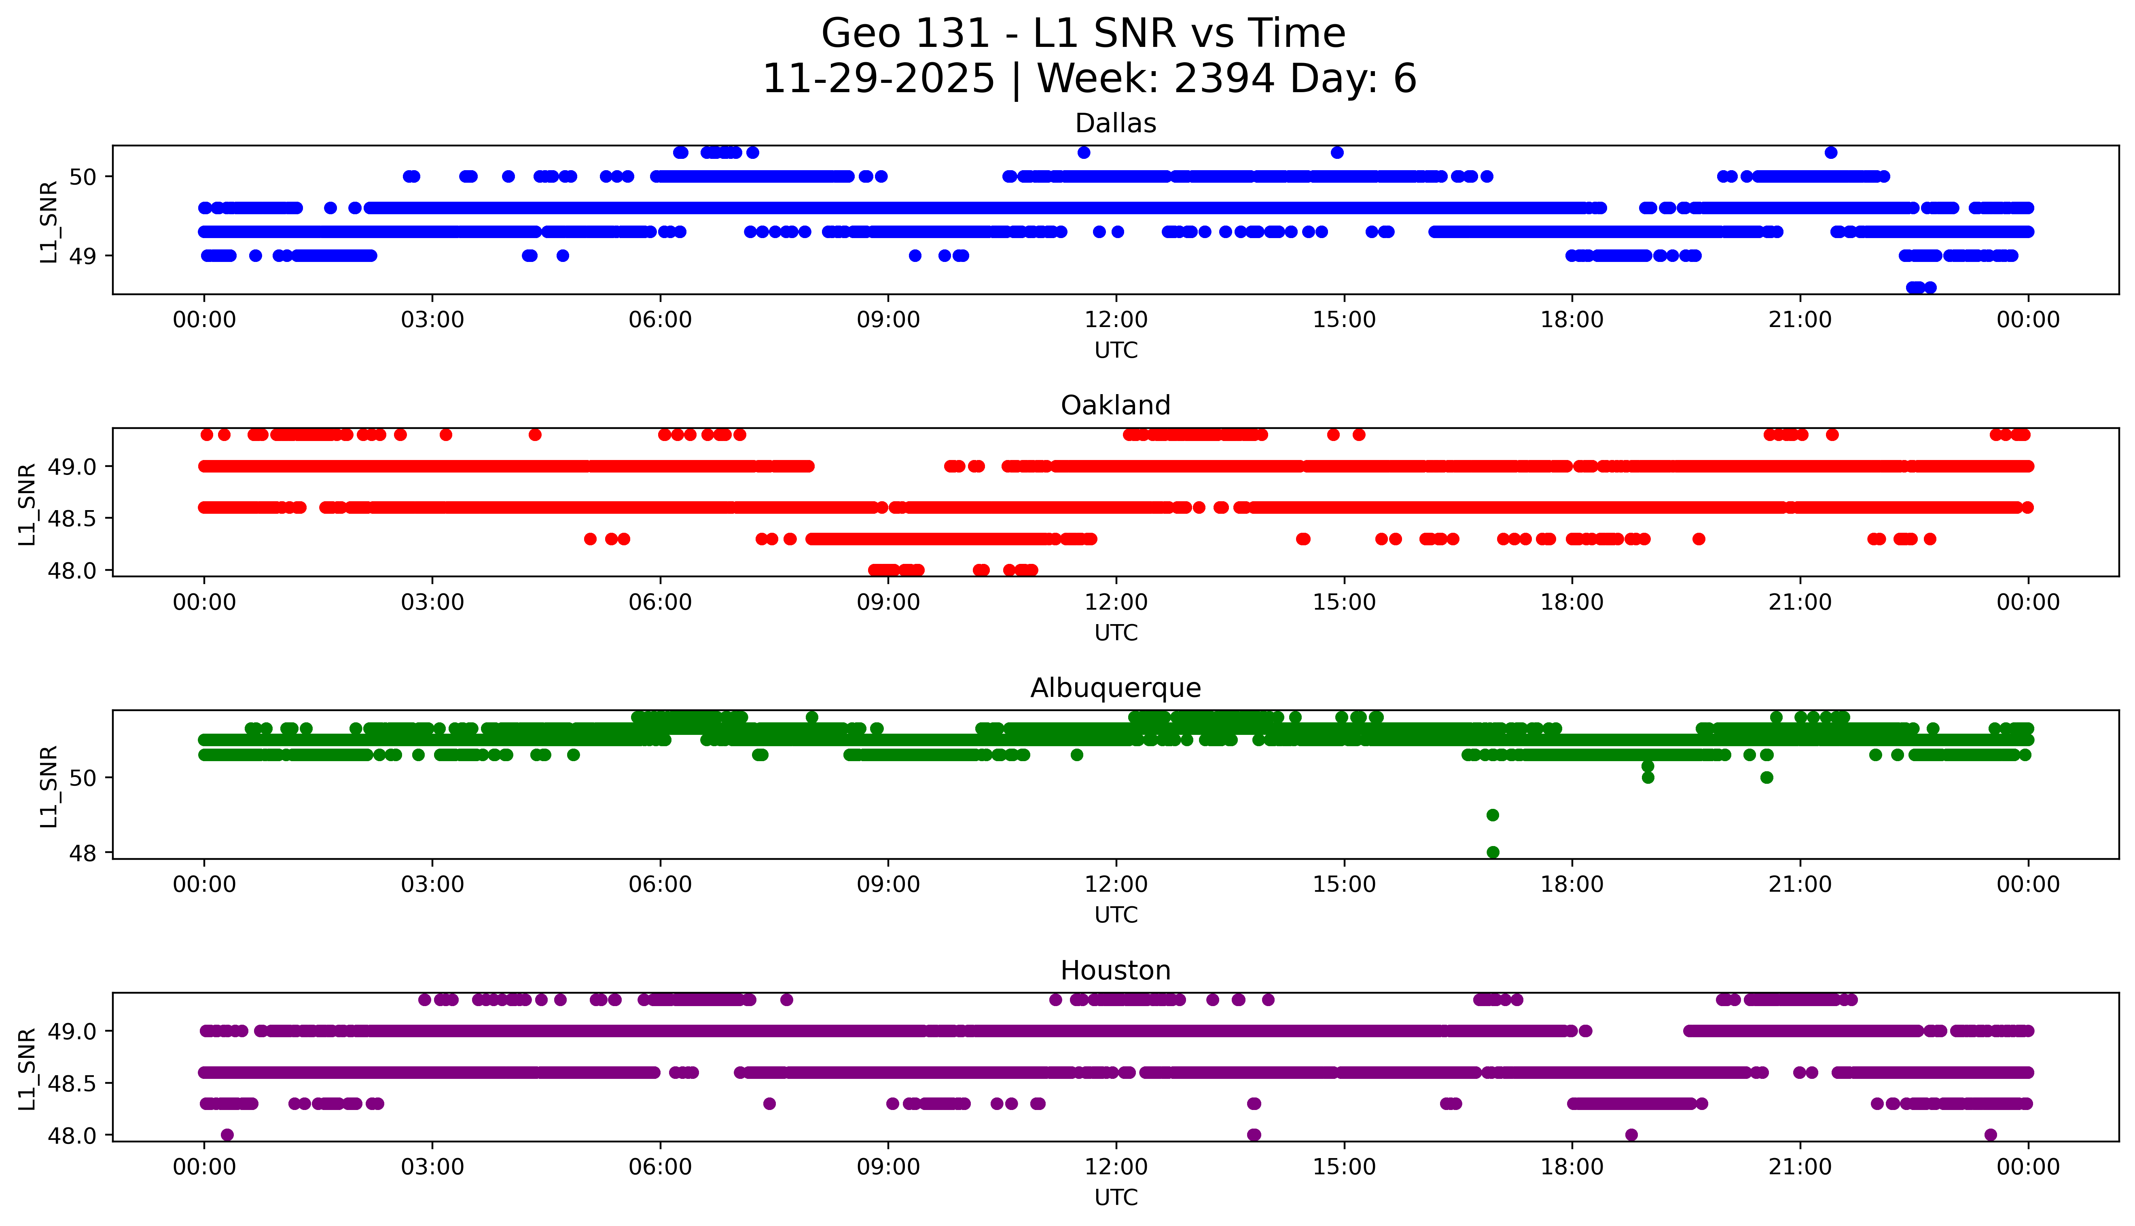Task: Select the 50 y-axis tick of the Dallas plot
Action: [x=84, y=177]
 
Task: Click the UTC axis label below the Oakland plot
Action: [x=1116, y=632]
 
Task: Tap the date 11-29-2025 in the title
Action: [x=879, y=79]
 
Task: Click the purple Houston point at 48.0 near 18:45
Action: [x=1631, y=1135]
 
